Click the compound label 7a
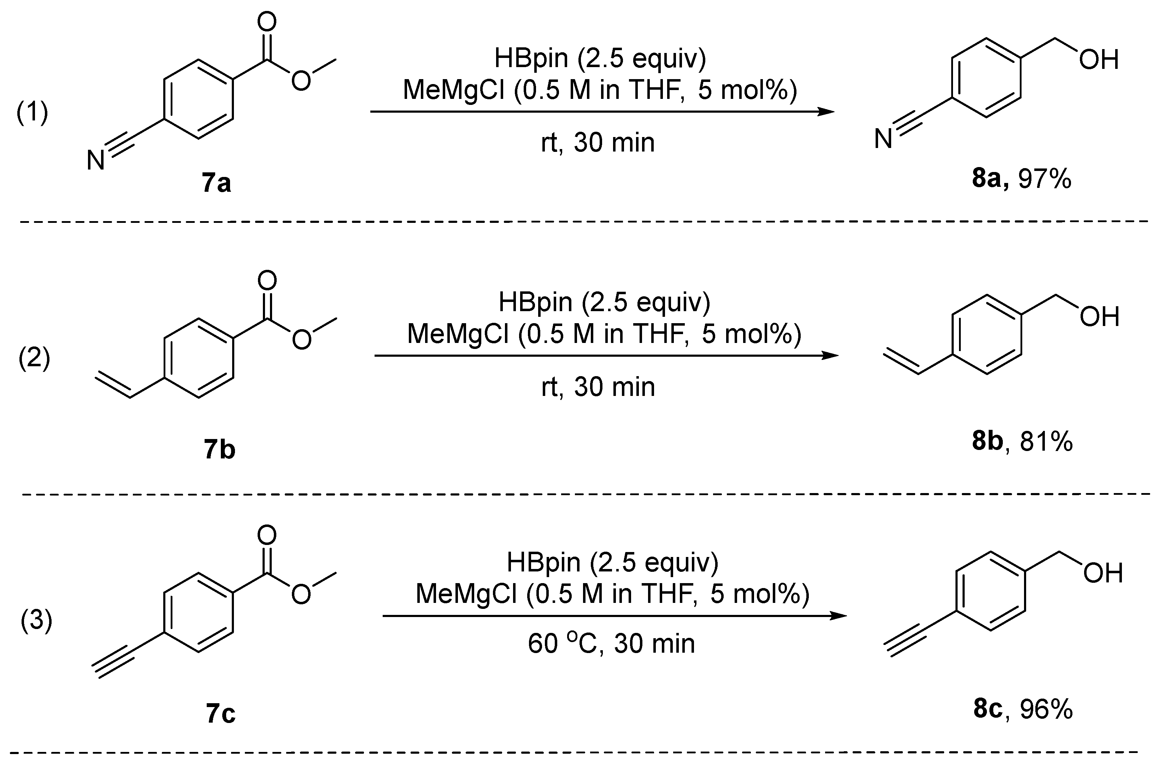[216, 183]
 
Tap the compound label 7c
[220, 713]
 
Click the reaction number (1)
[32, 113]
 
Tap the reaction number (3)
[36, 621]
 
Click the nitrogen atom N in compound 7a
[96, 160]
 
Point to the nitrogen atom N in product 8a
[883, 140]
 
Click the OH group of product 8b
[1099, 317]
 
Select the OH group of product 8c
[1103, 573]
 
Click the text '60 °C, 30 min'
[611, 643]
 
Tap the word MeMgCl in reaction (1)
[453, 90]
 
